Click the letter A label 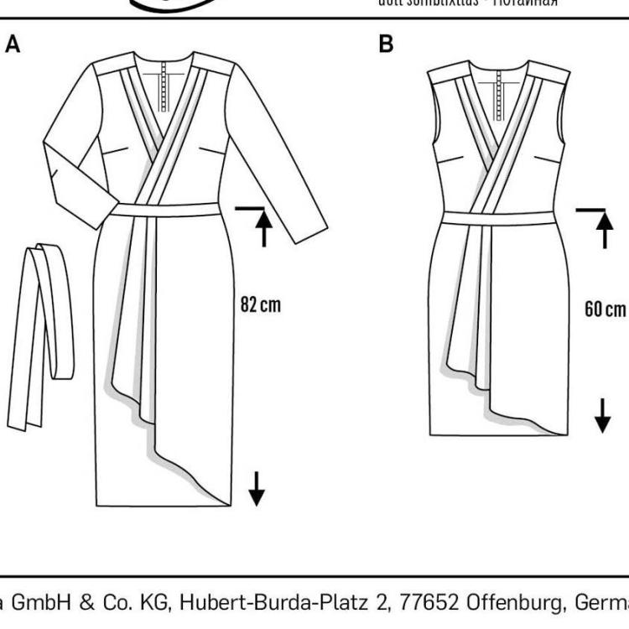coord(13,44)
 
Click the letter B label coord(386,44)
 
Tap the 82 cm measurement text coord(261,304)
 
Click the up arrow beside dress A coord(264,228)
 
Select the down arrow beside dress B coord(603,413)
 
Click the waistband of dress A coord(164,210)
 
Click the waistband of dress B coord(496,218)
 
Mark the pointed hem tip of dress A coord(227,504)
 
